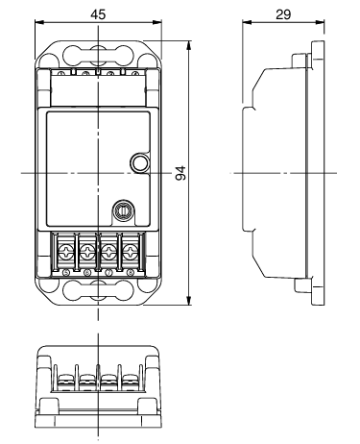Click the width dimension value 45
click(x=98, y=14)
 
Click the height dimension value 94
click(x=181, y=173)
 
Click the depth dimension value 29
click(x=283, y=14)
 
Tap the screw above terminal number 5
click(x=66, y=251)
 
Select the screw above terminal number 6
click(x=87, y=251)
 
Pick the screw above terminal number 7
click(x=108, y=251)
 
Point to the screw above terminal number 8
click(x=131, y=251)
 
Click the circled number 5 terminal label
click(x=66, y=273)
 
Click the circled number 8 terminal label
click(x=131, y=273)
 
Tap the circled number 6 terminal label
click(x=87, y=273)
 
